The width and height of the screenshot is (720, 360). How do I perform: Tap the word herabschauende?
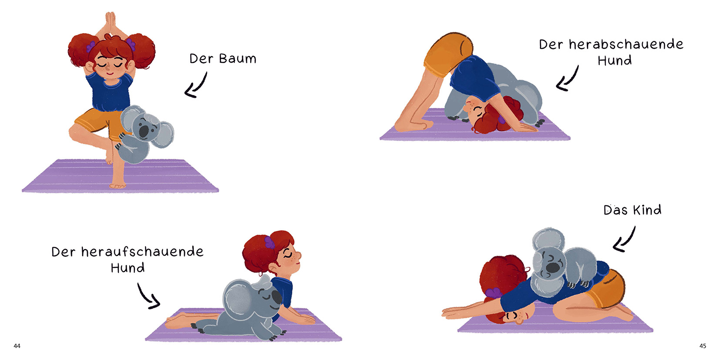(626, 44)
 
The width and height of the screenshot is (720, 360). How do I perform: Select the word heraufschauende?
(142, 252)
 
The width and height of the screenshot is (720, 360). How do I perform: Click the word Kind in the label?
(647, 210)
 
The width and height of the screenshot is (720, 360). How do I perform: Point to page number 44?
(17, 346)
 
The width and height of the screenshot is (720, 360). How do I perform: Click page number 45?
(703, 346)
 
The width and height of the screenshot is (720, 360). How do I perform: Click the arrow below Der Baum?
(196, 85)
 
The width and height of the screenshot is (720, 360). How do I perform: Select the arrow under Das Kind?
(624, 239)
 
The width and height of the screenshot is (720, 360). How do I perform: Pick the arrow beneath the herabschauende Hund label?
(567, 78)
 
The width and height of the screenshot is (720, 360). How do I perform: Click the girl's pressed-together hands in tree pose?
(110, 23)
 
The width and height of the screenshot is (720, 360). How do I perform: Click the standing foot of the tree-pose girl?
(118, 185)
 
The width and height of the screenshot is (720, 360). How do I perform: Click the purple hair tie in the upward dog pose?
(269, 242)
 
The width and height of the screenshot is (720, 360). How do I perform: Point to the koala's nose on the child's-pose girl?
(552, 267)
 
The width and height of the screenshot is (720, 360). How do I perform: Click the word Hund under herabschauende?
(615, 61)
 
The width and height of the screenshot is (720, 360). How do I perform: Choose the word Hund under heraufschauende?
(128, 268)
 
